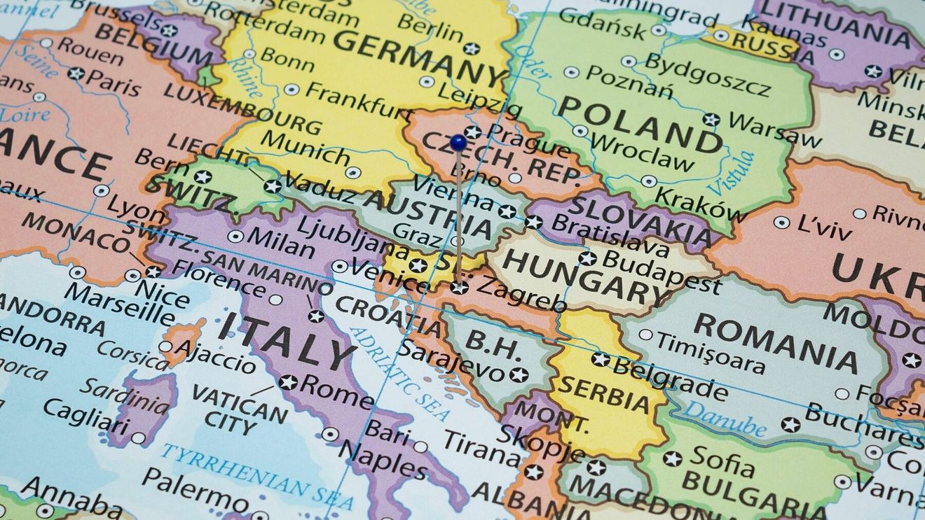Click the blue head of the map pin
pos(458,143)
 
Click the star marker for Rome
pos(287,382)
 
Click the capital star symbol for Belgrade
pos(600,359)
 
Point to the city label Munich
pos(304,147)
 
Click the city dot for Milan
pos(235,237)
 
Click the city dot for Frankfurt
pos(292,90)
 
